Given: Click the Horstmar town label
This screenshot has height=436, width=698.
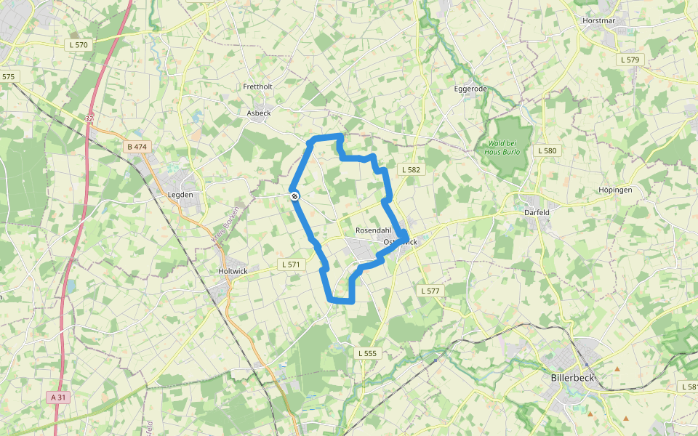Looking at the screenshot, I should pyautogui.click(x=598, y=20).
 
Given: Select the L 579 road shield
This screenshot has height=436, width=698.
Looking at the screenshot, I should pyautogui.click(x=629, y=59).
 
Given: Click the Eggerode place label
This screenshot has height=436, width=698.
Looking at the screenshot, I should pyautogui.click(x=470, y=89).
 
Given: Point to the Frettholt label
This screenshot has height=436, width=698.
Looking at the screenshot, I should pyautogui.click(x=257, y=86).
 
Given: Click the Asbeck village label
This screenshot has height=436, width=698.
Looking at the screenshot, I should pyautogui.click(x=258, y=113).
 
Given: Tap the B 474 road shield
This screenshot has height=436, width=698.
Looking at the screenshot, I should pyautogui.click(x=137, y=147).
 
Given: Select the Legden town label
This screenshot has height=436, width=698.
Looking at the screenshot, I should pyautogui.click(x=180, y=195).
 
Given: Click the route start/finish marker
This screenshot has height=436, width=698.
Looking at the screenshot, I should pyautogui.click(x=294, y=195).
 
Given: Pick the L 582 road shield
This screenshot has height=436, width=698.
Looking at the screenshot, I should pyautogui.click(x=411, y=169).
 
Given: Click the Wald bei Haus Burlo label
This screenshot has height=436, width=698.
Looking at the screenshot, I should pyautogui.click(x=505, y=147).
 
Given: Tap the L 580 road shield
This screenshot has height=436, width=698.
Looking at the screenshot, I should pyautogui.click(x=547, y=150).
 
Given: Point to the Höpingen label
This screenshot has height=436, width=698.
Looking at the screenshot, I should pyautogui.click(x=615, y=190).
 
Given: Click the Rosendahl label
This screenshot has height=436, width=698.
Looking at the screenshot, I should pyautogui.click(x=374, y=230).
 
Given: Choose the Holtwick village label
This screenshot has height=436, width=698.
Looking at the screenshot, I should pyautogui.click(x=233, y=271).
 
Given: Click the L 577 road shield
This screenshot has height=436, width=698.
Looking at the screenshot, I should pyautogui.click(x=430, y=291).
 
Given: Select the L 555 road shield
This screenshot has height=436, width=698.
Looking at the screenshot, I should pyautogui.click(x=368, y=353).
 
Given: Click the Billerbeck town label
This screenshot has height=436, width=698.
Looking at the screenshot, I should pyautogui.click(x=573, y=379).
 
